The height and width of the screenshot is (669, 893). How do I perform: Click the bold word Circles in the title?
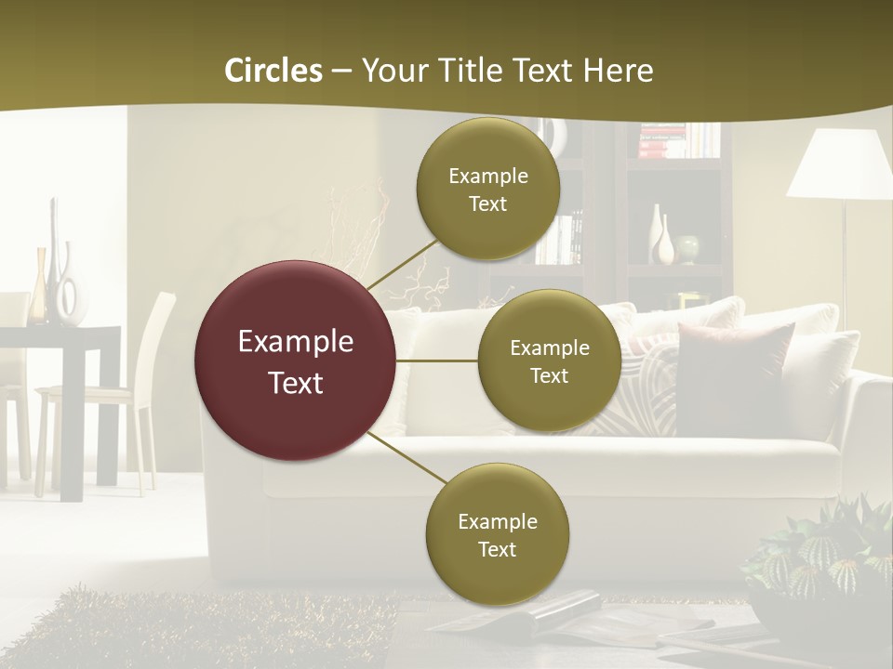(x=273, y=71)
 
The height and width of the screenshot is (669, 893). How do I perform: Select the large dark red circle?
(x=296, y=361)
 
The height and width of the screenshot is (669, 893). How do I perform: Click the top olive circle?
(x=488, y=189)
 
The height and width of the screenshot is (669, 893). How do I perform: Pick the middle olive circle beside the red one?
(x=550, y=361)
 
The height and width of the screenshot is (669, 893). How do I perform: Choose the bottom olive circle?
(x=498, y=534)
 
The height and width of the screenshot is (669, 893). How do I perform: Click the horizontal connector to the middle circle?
(x=437, y=361)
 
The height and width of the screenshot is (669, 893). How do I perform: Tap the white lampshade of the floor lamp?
(x=839, y=164)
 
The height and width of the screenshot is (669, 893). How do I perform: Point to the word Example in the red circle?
(x=296, y=342)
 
